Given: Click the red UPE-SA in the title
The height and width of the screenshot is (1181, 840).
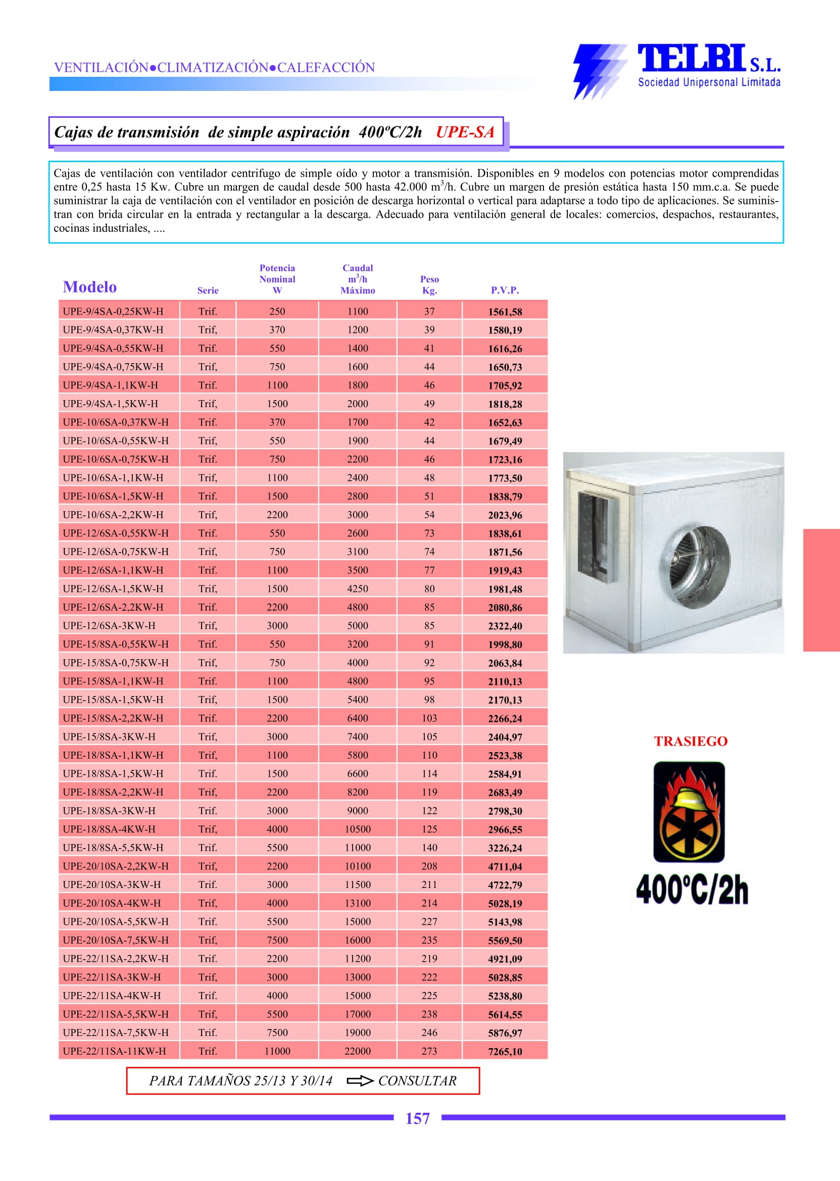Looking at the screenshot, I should coord(465,132).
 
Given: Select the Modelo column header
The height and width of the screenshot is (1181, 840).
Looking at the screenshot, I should coord(89,286).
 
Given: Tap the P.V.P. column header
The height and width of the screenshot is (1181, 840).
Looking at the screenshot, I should coord(504,290).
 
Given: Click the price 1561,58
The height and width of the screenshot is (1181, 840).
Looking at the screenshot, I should coord(505,312).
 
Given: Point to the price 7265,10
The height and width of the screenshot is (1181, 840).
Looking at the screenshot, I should coord(505,1052).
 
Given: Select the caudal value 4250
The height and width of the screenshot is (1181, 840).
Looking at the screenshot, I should coord(358,588).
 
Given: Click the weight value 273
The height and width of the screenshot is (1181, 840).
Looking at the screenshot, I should coord(429,1051).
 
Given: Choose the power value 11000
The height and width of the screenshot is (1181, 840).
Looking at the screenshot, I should coord(277,1051).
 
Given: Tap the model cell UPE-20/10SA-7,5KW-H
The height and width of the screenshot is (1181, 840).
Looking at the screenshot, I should coord(115,940).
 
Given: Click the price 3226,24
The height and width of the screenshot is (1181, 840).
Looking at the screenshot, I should coord(505,848).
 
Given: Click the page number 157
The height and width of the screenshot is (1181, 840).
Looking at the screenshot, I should coord(417,1118).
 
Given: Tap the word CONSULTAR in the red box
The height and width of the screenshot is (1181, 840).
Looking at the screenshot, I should coord(417,1080).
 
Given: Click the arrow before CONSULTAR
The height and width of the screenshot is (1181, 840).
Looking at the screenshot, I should coord(360,1080).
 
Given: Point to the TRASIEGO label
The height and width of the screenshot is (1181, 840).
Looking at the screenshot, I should coord(690,742).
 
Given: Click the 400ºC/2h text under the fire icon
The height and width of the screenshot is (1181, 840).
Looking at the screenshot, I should coord(691,890).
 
